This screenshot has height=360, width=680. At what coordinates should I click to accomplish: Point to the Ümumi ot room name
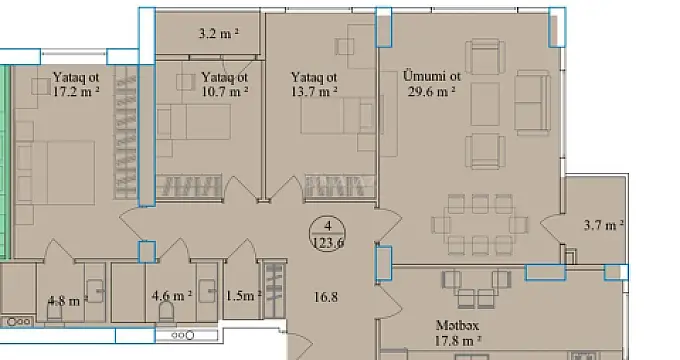tap(431, 75)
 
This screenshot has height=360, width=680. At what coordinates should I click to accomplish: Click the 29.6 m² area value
tap(431, 90)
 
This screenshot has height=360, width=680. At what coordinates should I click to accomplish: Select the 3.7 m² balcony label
tap(604, 224)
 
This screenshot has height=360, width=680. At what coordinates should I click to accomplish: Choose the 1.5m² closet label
tap(242, 295)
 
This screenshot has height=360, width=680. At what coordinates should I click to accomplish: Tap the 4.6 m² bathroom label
tap(171, 296)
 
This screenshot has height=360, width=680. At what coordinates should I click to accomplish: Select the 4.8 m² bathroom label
tap(67, 297)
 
